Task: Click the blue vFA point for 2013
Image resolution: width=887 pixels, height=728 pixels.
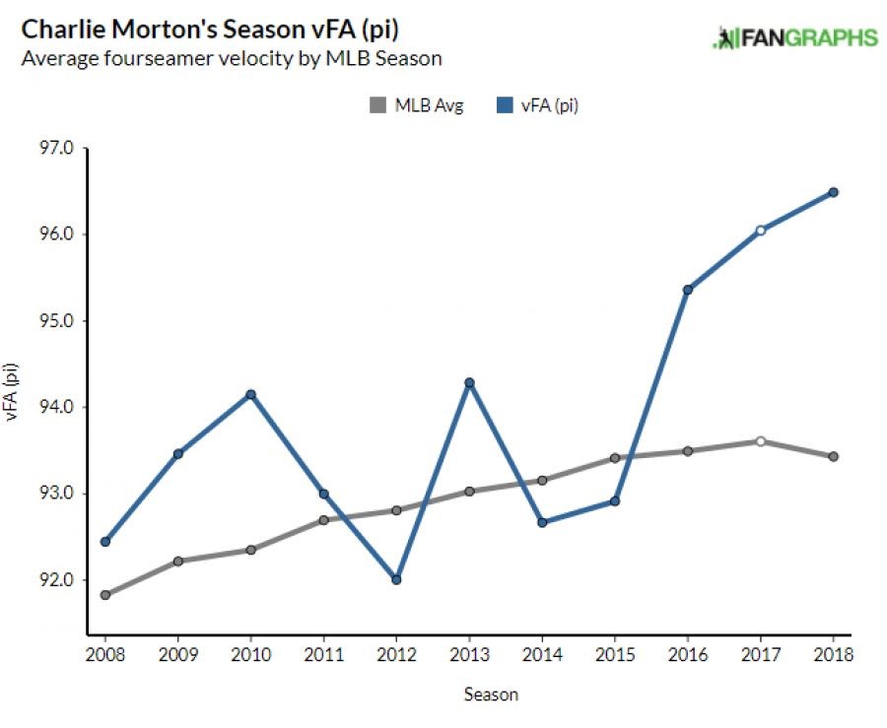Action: click(469, 382)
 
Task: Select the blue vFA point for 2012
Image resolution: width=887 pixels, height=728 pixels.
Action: click(396, 579)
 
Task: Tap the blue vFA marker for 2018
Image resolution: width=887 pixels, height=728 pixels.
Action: click(833, 192)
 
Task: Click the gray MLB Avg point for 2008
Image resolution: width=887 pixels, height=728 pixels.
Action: click(105, 595)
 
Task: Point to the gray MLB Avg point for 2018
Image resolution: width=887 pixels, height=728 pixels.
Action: click(833, 456)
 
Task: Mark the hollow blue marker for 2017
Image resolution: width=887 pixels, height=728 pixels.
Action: click(760, 231)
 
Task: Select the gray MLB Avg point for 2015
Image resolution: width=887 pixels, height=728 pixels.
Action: click(614, 458)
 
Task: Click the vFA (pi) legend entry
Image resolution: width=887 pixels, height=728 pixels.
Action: click(538, 105)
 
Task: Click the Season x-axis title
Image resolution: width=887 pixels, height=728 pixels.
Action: click(491, 695)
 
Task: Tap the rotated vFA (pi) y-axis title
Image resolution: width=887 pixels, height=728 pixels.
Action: click(14, 392)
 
